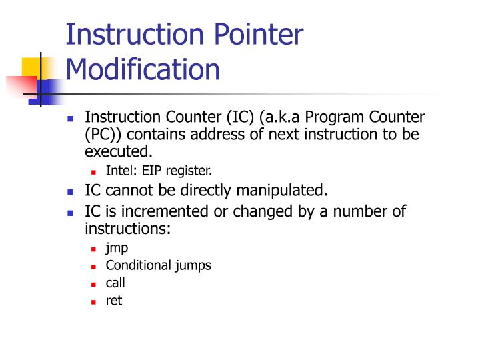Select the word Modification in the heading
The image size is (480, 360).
click(x=143, y=69)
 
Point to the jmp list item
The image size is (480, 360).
click(x=117, y=248)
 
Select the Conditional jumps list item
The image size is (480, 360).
click(x=158, y=265)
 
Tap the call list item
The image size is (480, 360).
click(x=115, y=283)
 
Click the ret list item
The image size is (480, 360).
click(x=113, y=301)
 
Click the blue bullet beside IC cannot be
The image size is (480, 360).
click(x=71, y=191)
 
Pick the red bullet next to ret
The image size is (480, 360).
click(x=94, y=301)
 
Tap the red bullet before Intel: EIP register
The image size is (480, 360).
click(x=94, y=171)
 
